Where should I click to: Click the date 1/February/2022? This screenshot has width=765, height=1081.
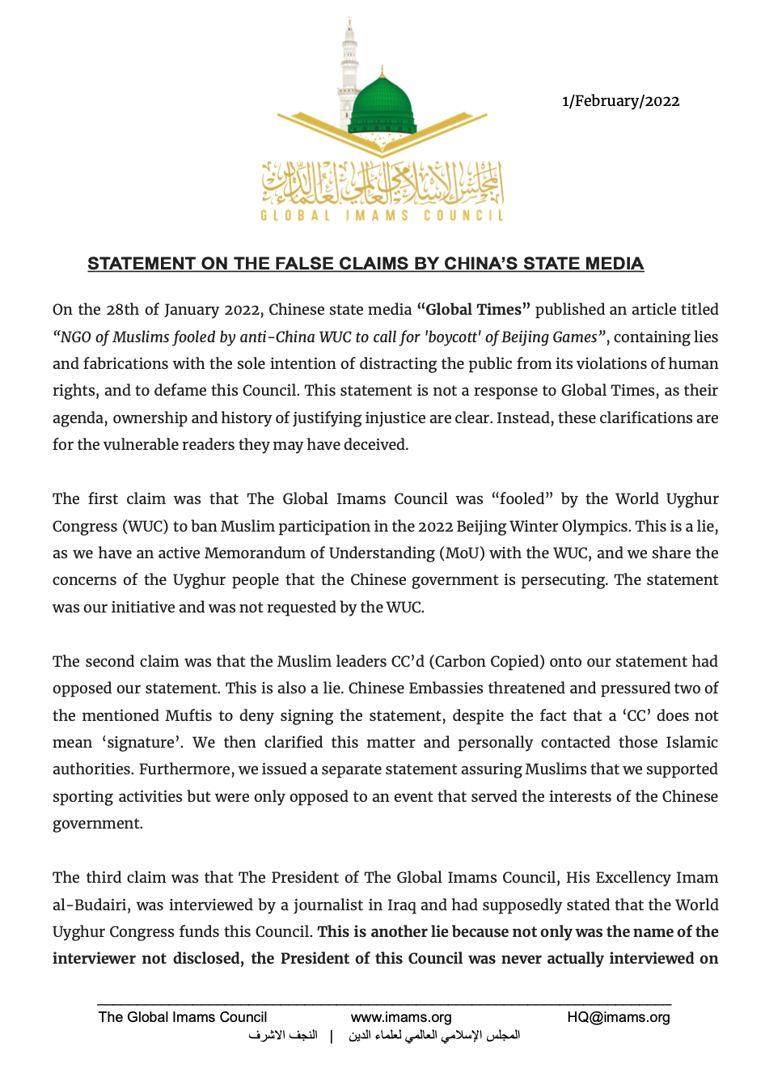[x=620, y=101]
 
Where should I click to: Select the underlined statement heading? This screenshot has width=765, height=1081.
[x=366, y=264]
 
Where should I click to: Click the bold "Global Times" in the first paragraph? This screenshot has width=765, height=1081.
[x=473, y=310]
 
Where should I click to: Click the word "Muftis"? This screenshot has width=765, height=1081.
[x=188, y=716]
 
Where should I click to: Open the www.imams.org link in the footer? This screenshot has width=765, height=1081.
[x=401, y=1017]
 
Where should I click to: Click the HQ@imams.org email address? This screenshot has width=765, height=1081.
[x=619, y=1017]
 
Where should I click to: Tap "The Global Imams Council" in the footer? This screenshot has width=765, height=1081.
[x=183, y=1017]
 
